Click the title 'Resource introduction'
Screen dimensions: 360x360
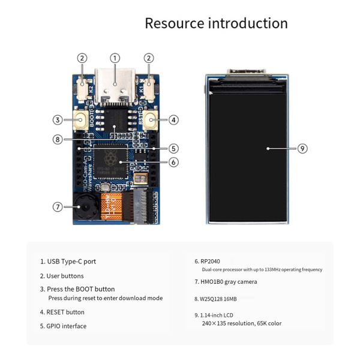pyautogui.click(x=216, y=23)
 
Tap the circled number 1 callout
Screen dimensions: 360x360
pyautogui.click(x=115, y=58)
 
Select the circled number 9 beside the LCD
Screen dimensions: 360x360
pyautogui.click(x=302, y=148)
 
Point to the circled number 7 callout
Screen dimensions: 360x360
pyautogui.click(x=58, y=207)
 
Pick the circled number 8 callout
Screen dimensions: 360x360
pyautogui.click(x=58, y=139)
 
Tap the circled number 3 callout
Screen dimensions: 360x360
pyautogui.click(x=58, y=120)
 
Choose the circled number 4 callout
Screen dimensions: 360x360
pyautogui.click(x=173, y=120)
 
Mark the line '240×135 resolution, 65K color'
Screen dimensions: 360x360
pyautogui.click(x=241, y=323)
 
